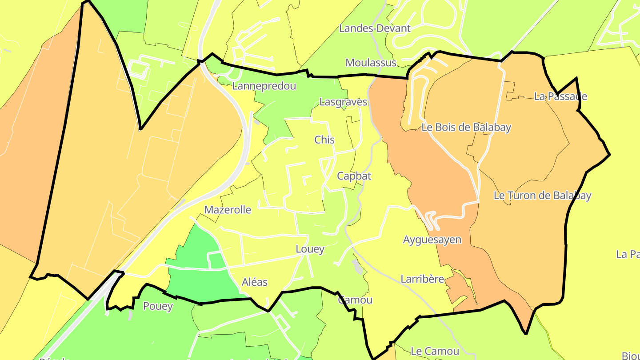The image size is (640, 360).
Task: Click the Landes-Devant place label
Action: pos(375,28)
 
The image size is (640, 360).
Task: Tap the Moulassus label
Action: pos(371,63)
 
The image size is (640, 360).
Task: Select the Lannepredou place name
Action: pos(264,86)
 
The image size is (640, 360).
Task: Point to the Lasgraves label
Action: pos(343,102)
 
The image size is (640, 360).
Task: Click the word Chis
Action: pos(324,140)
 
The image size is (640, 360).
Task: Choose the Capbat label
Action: pos(354,176)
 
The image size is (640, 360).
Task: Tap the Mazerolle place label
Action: pos(228,210)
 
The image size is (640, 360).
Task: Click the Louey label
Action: pos(310,249)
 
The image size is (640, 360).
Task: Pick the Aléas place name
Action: pos(255,282)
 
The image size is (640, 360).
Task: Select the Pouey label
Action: pos(158,306)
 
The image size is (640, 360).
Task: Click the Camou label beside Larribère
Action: pos(355,300)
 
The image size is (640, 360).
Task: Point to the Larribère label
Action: pos(422,279)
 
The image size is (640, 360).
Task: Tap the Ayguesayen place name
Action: pos(432,240)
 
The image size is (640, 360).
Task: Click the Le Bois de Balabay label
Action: pos(466,128)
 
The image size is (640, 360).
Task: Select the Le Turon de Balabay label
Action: pos(542,196)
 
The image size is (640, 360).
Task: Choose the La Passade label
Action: pos(560,96)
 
